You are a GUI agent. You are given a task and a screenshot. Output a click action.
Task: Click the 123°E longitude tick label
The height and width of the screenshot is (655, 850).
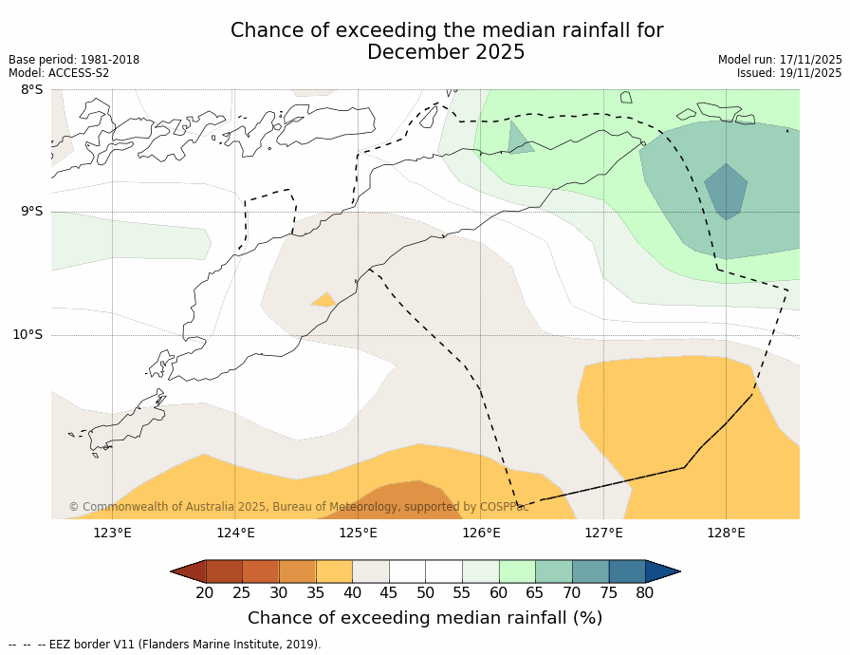pos(112,533)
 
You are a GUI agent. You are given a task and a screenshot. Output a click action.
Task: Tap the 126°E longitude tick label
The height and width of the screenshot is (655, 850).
pos(481,533)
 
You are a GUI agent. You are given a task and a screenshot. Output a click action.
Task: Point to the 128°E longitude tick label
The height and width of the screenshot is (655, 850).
pos(726,533)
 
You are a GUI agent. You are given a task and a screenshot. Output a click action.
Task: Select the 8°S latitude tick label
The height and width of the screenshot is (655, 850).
pos(31,90)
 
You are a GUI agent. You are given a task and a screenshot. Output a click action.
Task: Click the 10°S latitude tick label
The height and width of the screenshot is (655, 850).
pos(28,334)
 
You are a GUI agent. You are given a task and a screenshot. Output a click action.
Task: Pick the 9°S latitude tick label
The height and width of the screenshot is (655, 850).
pos(31,212)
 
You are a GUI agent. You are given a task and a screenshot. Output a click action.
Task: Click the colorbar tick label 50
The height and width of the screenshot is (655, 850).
pos(425,593)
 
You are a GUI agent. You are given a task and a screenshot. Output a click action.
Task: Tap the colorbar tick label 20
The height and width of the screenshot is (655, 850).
pos(205,593)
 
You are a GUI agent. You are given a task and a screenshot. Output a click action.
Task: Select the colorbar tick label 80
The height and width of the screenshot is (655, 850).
pos(645,593)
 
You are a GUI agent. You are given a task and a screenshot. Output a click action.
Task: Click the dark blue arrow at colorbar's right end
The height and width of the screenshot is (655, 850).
pos(662,571)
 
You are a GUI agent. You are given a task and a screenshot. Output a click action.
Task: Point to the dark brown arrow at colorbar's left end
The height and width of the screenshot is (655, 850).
pos(189,571)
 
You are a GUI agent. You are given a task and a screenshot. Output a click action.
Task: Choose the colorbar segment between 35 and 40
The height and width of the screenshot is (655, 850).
pos(334,571)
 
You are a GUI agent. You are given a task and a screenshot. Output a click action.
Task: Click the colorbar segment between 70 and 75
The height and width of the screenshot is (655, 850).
pos(590,571)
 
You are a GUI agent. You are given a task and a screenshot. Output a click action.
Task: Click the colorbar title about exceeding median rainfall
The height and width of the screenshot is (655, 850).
pos(425,618)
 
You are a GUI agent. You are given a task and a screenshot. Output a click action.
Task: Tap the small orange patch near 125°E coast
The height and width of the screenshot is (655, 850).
pos(323,301)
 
